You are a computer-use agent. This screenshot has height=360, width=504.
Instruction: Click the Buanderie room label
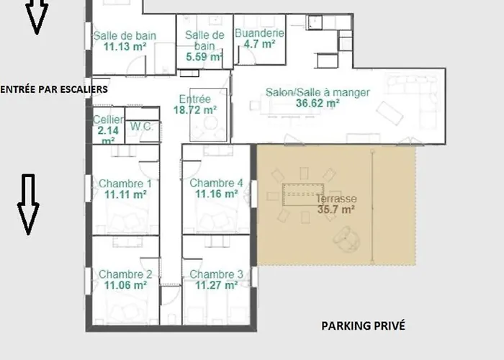pos(259,33)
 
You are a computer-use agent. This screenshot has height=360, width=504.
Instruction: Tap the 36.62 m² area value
pos(318,103)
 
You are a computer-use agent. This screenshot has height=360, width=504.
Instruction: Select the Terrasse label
pos(339,199)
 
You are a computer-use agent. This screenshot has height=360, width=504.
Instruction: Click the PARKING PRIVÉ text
pos(363,326)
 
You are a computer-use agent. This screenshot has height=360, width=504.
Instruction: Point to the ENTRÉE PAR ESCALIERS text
pos(54,89)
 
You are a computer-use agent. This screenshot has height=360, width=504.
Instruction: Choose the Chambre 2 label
pos(125,274)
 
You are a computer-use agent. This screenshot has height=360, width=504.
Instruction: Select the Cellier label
pos(108,120)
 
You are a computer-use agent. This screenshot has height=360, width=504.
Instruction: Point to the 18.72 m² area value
pos(195,110)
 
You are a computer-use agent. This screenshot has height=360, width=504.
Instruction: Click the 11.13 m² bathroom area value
pos(125,45)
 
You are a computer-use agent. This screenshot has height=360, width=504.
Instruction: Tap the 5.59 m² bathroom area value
pos(204,56)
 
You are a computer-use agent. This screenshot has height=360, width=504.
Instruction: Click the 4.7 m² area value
pos(259,44)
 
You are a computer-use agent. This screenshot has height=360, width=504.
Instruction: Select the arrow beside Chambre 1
pos(27,204)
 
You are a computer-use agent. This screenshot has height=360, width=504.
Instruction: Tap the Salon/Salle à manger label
pos(318,92)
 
